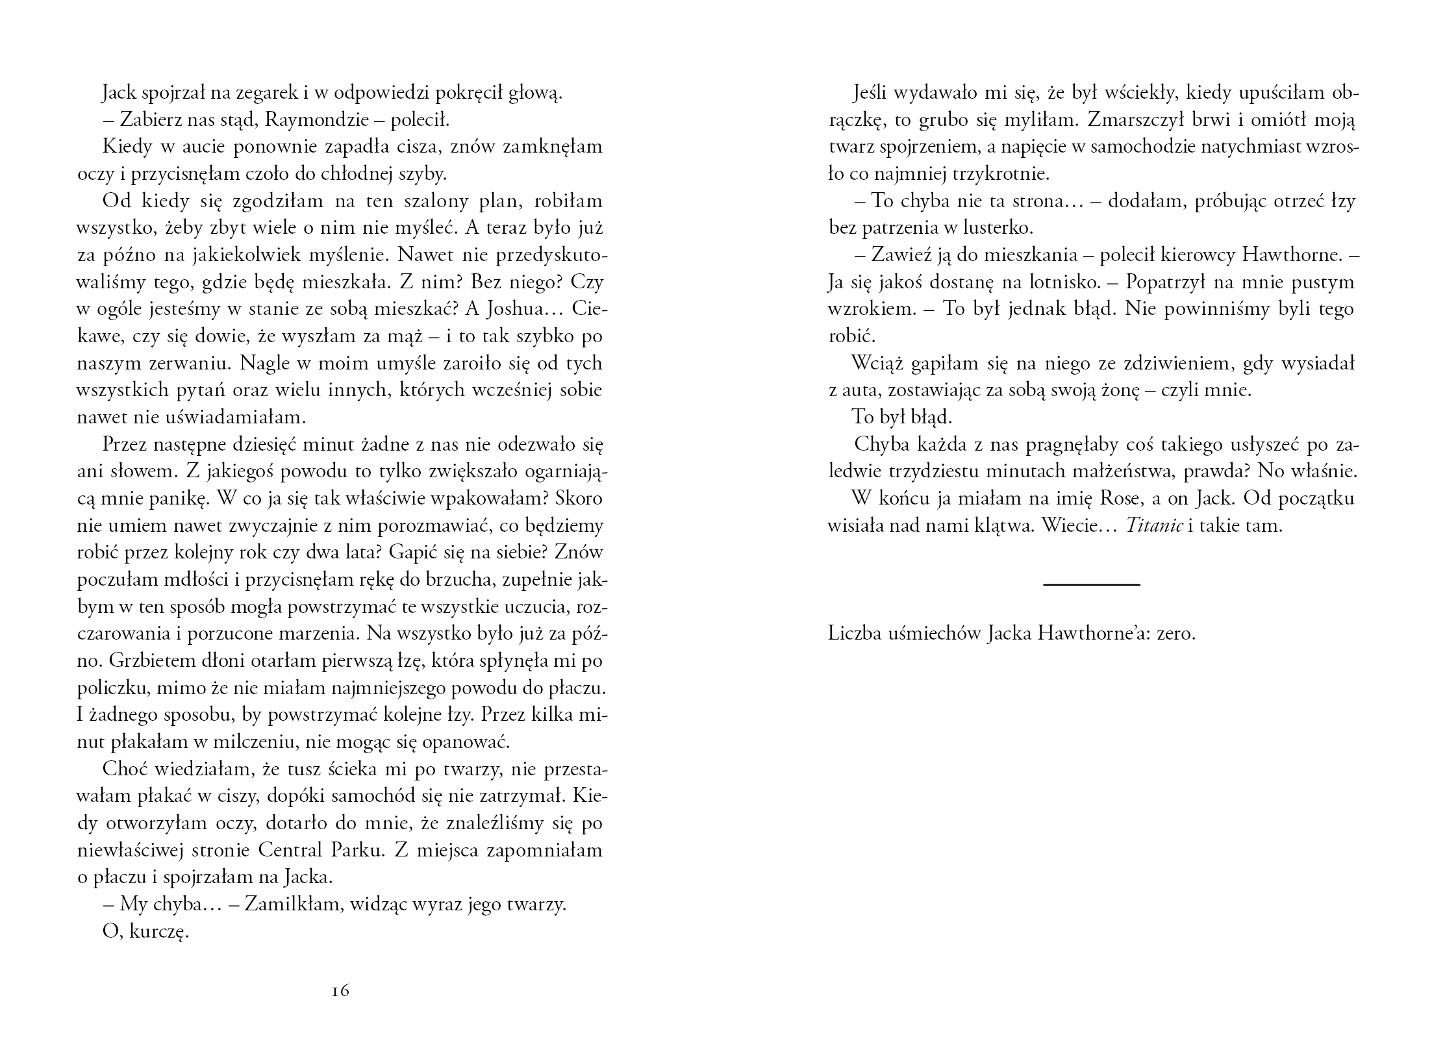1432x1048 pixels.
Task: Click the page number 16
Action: pyautogui.click(x=340, y=991)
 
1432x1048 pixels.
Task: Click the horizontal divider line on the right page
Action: pyautogui.click(x=1092, y=585)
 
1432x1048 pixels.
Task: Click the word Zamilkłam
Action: pyautogui.click(x=292, y=905)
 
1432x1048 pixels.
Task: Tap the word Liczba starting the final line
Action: pyautogui.click(x=854, y=634)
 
